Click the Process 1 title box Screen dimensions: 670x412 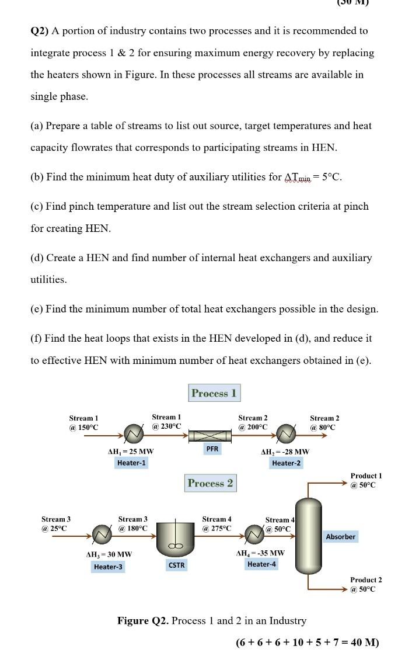(214, 393)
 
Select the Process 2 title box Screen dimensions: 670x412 (210, 483)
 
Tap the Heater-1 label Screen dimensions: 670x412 (132, 463)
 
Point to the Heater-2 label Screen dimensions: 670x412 (286, 463)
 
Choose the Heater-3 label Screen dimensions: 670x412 (109, 567)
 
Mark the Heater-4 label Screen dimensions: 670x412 (262, 564)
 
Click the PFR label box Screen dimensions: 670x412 (212, 449)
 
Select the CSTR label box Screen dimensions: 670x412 (176, 565)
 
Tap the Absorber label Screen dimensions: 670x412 (341, 536)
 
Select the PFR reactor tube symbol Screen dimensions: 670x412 (212, 435)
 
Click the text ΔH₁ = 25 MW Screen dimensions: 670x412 (131, 451)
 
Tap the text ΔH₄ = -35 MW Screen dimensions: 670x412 (260, 553)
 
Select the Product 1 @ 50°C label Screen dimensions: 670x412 (366, 480)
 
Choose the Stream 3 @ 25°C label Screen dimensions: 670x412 (55, 523)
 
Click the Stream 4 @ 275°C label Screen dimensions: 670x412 (217, 523)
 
